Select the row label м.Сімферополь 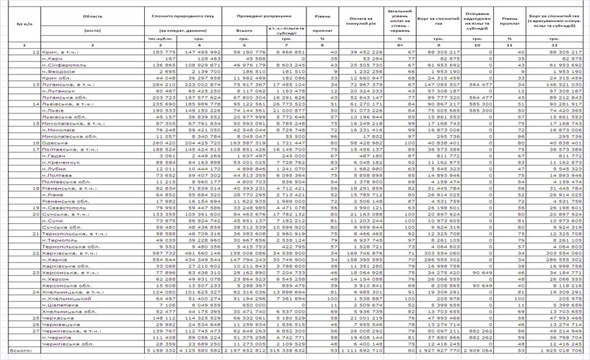pyautogui.click(x=62, y=65)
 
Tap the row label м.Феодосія pyautogui.click(x=58, y=71)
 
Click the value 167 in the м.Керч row pyautogui.click(x=172, y=58)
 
